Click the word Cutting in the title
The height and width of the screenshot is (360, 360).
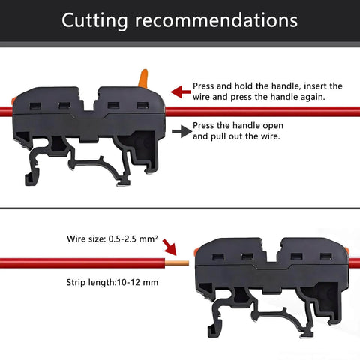[94, 21]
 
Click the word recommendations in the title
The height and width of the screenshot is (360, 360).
[217, 20]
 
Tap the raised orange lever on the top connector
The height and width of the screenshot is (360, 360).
[143, 78]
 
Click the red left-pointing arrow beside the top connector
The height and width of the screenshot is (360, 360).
[181, 91]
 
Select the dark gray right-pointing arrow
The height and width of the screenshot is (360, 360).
[181, 131]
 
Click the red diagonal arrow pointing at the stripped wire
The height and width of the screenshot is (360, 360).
[169, 247]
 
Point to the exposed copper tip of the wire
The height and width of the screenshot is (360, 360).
[177, 263]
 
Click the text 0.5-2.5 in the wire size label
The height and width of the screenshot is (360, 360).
[122, 238]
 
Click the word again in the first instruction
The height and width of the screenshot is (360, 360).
[313, 97]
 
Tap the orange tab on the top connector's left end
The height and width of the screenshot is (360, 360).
[13, 100]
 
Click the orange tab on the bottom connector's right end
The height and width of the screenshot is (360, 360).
[347, 250]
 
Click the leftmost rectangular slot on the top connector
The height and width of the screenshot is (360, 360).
[35, 106]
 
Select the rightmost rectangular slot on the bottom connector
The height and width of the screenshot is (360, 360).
[326, 256]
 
